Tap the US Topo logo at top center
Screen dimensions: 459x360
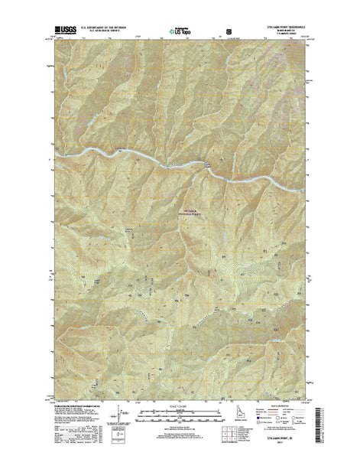coord(180,31)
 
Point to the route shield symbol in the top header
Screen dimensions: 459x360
coord(227,31)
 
